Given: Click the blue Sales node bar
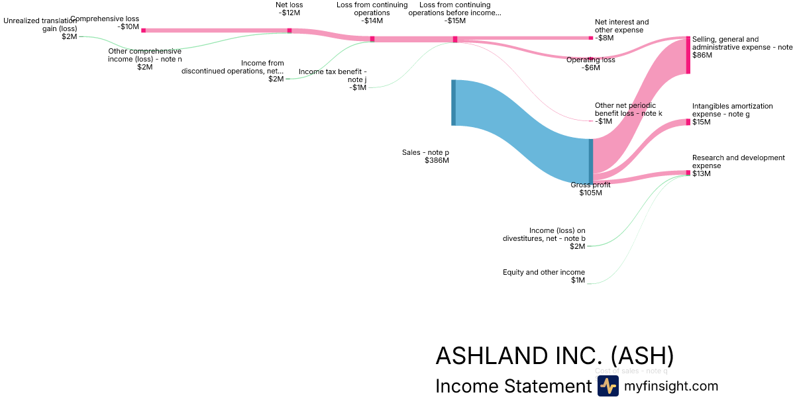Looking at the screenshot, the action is tap(454, 102).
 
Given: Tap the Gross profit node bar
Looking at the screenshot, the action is tap(591, 161).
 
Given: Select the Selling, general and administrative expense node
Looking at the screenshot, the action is tap(688, 56).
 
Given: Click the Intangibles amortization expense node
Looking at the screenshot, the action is tap(688, 122).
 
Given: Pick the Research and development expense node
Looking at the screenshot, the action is tap(688, 173).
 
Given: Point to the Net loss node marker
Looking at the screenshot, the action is tap(290, 30).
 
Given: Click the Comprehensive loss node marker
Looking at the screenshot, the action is tap(144, 30).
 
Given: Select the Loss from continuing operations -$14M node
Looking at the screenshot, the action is tap(372, 39).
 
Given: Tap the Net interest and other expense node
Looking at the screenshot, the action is tap(591, 38).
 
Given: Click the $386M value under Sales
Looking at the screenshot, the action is tap(437, 161).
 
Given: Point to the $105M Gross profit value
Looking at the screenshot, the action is tap(590, 193).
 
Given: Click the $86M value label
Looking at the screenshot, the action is tap(702, 56).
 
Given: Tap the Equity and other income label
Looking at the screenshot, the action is tap(544, 272).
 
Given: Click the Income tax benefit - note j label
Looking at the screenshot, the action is tap(333, 75).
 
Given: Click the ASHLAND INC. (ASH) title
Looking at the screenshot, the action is tap(555, 356).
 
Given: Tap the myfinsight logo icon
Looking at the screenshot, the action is tap(608, 386).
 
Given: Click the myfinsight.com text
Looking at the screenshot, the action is tap(671, 386).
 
